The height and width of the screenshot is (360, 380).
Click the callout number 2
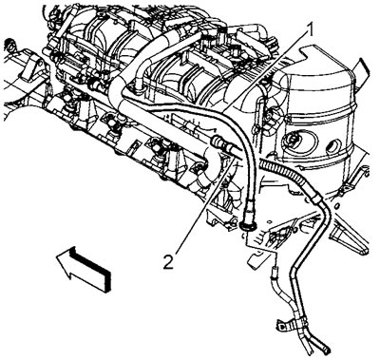coord(168,262)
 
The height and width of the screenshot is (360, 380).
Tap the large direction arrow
coord(84,268)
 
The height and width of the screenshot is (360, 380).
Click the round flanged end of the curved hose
coord(247,225)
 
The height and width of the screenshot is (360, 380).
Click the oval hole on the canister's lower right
coord(333,146)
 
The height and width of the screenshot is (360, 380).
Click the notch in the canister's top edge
coord(305,50)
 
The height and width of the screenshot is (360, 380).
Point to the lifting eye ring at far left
coord(10,45)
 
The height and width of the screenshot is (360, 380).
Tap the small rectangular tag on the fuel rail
coord(135,146)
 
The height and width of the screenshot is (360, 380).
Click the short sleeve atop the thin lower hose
coord(274,273)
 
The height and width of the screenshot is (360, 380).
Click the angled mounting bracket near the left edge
coord(34,67)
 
